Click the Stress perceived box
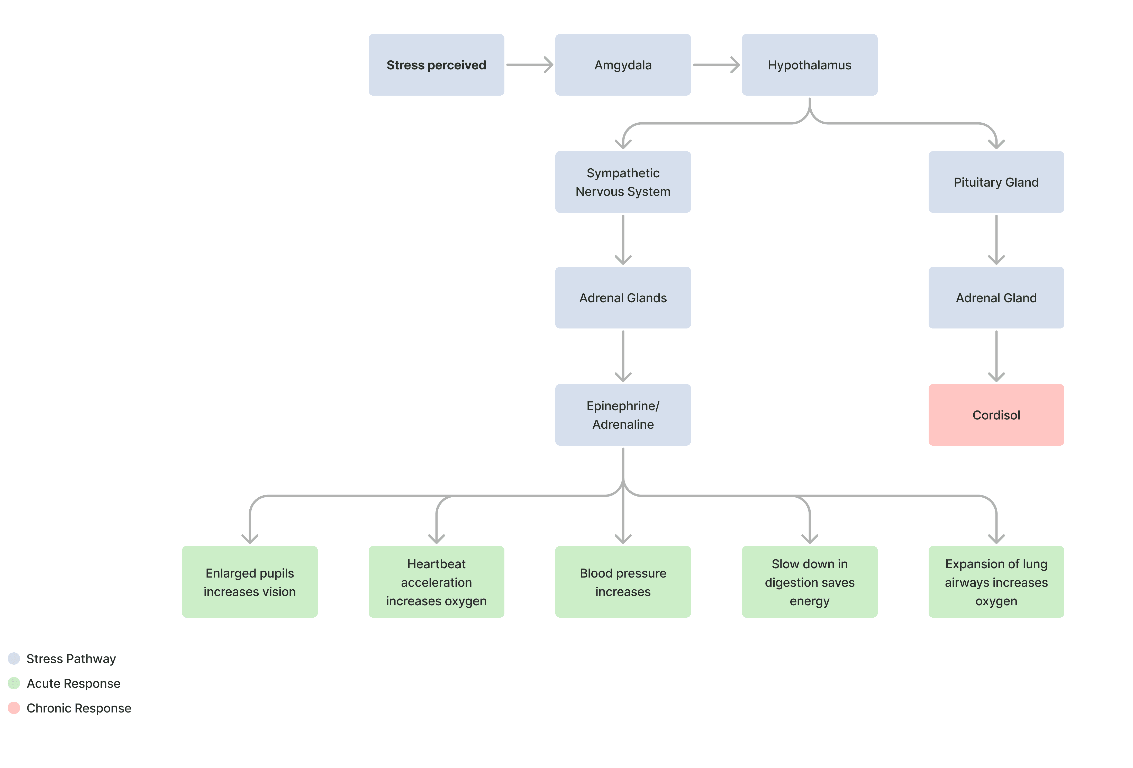(436, 65)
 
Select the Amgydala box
(623, 65)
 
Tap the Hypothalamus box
(810, 65)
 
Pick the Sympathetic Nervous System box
(623, 182)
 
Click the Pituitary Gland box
(996, 182)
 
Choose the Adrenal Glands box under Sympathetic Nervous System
(623, 298)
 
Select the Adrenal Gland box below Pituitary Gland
(996, 298)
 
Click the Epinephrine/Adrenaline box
(623, 415)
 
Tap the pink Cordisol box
(996, 415)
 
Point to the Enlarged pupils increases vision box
(250, 582)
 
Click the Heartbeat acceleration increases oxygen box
(436, 582)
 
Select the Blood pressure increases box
(623, 582)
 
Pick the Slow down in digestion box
(810, 582)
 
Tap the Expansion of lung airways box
(996, 582)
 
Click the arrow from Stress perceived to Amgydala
(530, 65)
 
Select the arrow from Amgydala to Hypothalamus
(717, 65)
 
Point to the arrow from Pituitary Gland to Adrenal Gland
(996, 240)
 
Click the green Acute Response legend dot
(14, 683)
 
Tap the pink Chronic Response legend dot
(14, 708)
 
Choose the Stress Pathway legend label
(71, 659)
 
